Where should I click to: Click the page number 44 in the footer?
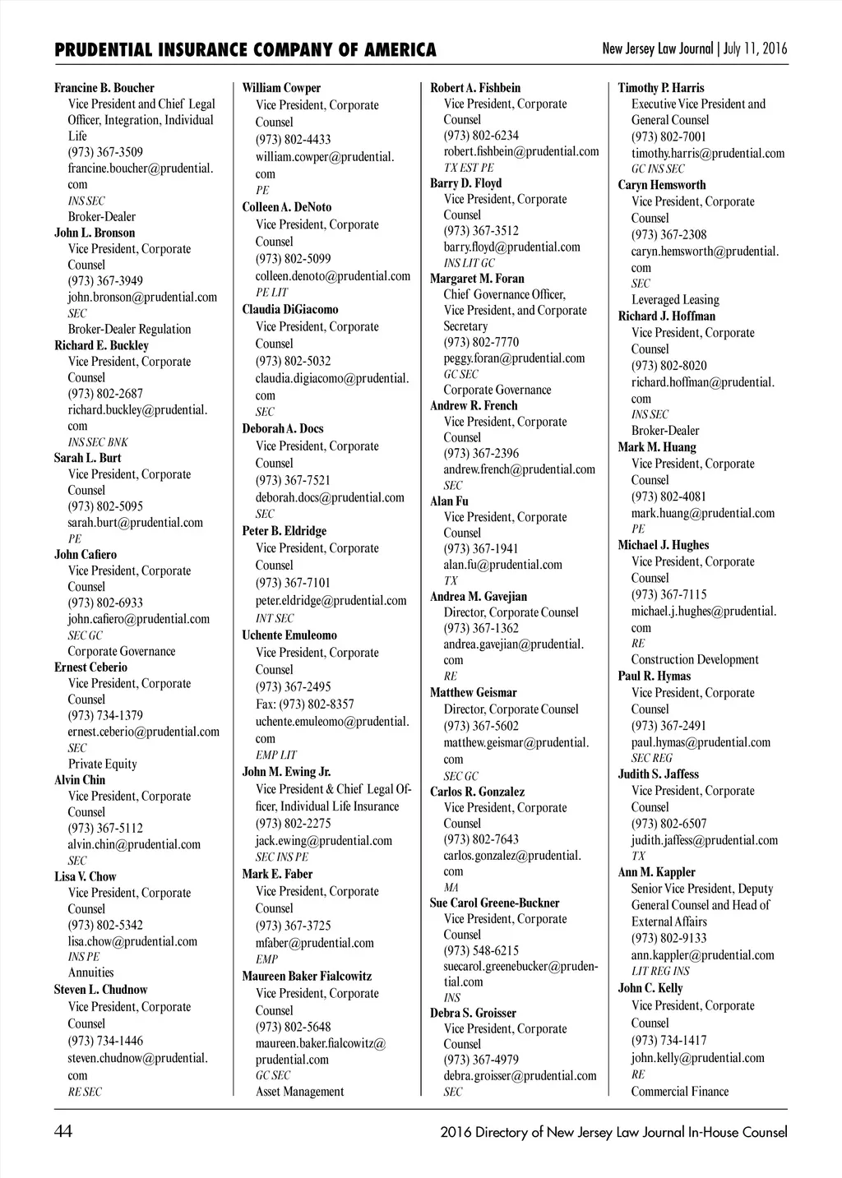click(63, 1132)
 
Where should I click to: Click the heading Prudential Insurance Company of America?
click(245, 50)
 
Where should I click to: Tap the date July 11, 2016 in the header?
click(755, 49)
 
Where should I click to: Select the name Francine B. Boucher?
click(104, 88)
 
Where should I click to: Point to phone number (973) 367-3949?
click(105, 281)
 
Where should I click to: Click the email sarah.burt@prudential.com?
click(135, 522)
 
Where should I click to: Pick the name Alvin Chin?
click(80, 780)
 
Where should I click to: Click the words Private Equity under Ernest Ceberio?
click(102, 764)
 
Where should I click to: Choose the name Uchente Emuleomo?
click(289, 635)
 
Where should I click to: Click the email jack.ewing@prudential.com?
click(323, 840)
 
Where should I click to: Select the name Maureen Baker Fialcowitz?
click(307, 977)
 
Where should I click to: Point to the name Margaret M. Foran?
click(477, 279)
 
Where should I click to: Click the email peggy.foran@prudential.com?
click(514, 358)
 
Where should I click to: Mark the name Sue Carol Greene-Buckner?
click(494, 903)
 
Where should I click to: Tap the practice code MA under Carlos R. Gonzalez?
click(451, 888)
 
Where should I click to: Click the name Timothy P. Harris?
click(661, 88)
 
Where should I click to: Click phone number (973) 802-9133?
click(669, 938)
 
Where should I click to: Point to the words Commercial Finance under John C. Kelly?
click(679, 1092)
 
